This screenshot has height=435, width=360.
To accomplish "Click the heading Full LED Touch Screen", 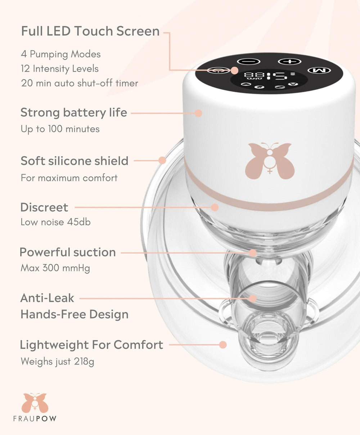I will pos(90,31).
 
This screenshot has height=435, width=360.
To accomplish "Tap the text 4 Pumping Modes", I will pos(60,54).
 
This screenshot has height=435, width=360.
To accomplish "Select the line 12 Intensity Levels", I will pos(59,69).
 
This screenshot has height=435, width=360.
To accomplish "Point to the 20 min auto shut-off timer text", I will pos(79,83).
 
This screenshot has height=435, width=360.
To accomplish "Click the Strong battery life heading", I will pos(73,112).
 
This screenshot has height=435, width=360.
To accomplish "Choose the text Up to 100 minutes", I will pos(60,129).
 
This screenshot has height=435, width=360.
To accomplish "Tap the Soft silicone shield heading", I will pos(74,161).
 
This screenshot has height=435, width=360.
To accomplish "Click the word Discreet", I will pos(44,207).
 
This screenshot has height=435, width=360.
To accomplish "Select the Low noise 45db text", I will pos(55,222).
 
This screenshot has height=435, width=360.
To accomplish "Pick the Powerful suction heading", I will pos(68,252).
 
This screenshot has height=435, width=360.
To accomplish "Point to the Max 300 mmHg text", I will pos(55,268).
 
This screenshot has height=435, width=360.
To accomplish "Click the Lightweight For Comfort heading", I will pos(91,345).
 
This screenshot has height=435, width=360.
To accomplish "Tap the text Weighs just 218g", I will pos(57,361).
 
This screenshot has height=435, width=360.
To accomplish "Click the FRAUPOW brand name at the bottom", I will pos(35,418).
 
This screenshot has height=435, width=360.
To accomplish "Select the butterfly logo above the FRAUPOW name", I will pos(35,403).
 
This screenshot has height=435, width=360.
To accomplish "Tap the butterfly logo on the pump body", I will pos(270,161).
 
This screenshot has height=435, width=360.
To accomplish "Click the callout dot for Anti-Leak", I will pos(253,298).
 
